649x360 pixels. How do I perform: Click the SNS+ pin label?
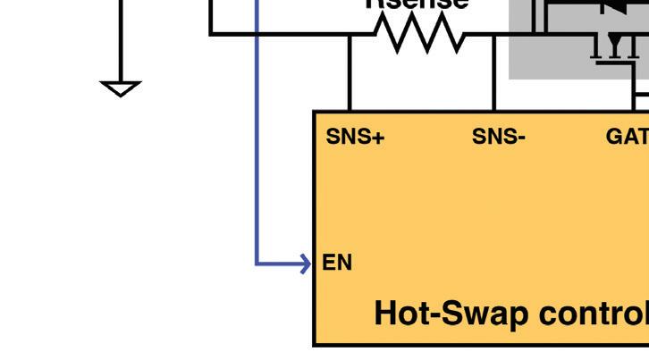pyautogui.click(x=355, y=137)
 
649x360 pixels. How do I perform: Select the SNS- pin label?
pyautogui.click(x=498, y=137)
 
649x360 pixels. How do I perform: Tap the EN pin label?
pyautogui.click(x=337, y=263)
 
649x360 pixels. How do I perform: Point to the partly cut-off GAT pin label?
pyautogui.click(x=627, y=137)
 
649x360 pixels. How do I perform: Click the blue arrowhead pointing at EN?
pyautogui.click(x=305, y=264)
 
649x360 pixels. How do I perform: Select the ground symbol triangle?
pyautogui.click(x=121, y=88)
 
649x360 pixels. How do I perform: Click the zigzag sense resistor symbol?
pyautogui.click(x=419, y=35)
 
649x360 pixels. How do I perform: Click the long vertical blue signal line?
pyautogui.click(x=257, y=134)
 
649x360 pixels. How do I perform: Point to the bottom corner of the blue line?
pyautogui.click(x=257, y=264)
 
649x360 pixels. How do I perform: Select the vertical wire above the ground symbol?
pyautogui.click(x=121, y=40)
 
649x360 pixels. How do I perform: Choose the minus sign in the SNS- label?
pyautogui.click(x=519, y=138)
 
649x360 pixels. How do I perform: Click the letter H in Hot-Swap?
pyautogui.click(x=384, y=314)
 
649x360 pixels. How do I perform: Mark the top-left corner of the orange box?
pyautogui.click(x=315, y=113)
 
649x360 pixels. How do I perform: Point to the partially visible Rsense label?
pyautogui.click(x=417, y=4)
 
